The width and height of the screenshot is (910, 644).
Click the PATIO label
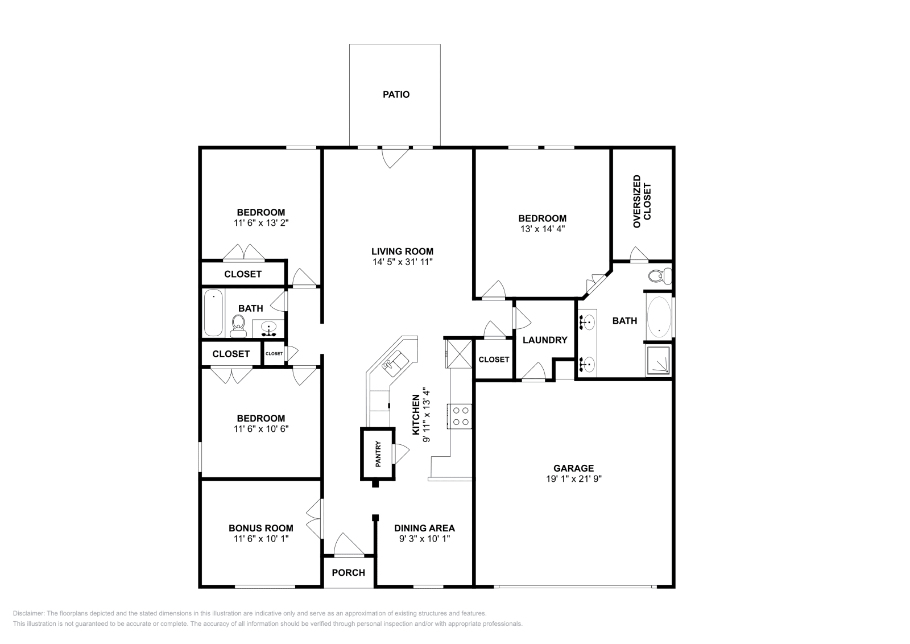[x=396, y=94]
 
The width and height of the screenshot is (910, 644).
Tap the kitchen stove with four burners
[x=460, y=415]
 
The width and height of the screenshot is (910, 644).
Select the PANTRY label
[x=378, y=454]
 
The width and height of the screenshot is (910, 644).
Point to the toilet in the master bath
[x=659, y=276]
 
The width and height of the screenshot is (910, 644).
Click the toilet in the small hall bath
[x=238, y=325]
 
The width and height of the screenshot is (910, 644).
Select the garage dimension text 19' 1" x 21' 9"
[x=573, y=478]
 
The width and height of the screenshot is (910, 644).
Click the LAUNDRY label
[x=545, y=340]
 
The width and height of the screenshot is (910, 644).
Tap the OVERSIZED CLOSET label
[x=642, y=201]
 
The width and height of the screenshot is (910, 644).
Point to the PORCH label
[x=348, y=572]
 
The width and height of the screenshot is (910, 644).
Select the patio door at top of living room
[x=395, y=156]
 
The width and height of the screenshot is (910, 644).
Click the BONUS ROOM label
[x=261, y=528]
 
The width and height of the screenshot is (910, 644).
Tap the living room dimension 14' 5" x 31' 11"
[x=402, y=262]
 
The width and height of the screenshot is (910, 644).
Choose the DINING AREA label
[x=424, y=528]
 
